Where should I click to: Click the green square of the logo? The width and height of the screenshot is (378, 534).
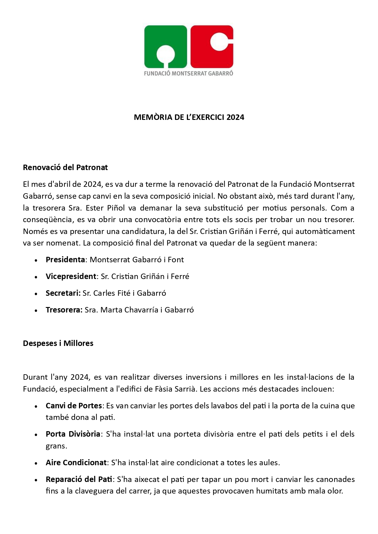[x=166, y=46]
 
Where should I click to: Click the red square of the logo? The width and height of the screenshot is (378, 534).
[x=212, y=46]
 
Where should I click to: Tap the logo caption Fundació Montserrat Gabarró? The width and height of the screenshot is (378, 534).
[x=188, y=73]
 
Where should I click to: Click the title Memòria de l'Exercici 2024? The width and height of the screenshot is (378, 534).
[x=189, y=117]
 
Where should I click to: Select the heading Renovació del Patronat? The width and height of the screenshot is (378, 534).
[x=65, y=167]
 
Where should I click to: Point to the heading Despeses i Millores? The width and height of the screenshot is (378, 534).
[x=58, y=343]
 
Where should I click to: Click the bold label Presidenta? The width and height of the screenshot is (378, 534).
[x=65, y=260]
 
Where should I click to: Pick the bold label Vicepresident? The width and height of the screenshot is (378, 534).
[x=71, y=276]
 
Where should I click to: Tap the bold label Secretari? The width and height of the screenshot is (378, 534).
[x=63, y=293]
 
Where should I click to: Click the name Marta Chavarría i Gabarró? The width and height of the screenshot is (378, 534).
[x=147, y=310]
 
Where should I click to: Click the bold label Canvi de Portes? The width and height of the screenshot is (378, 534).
[x=73, y=406]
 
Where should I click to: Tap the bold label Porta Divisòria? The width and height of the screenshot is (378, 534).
[x=73, y=434]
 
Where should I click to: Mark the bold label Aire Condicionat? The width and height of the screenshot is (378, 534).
[x=76, y=462]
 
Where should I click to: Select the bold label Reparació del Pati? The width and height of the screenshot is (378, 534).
[x=79, y=479]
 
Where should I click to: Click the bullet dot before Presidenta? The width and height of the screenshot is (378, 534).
[x=36, y=260]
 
